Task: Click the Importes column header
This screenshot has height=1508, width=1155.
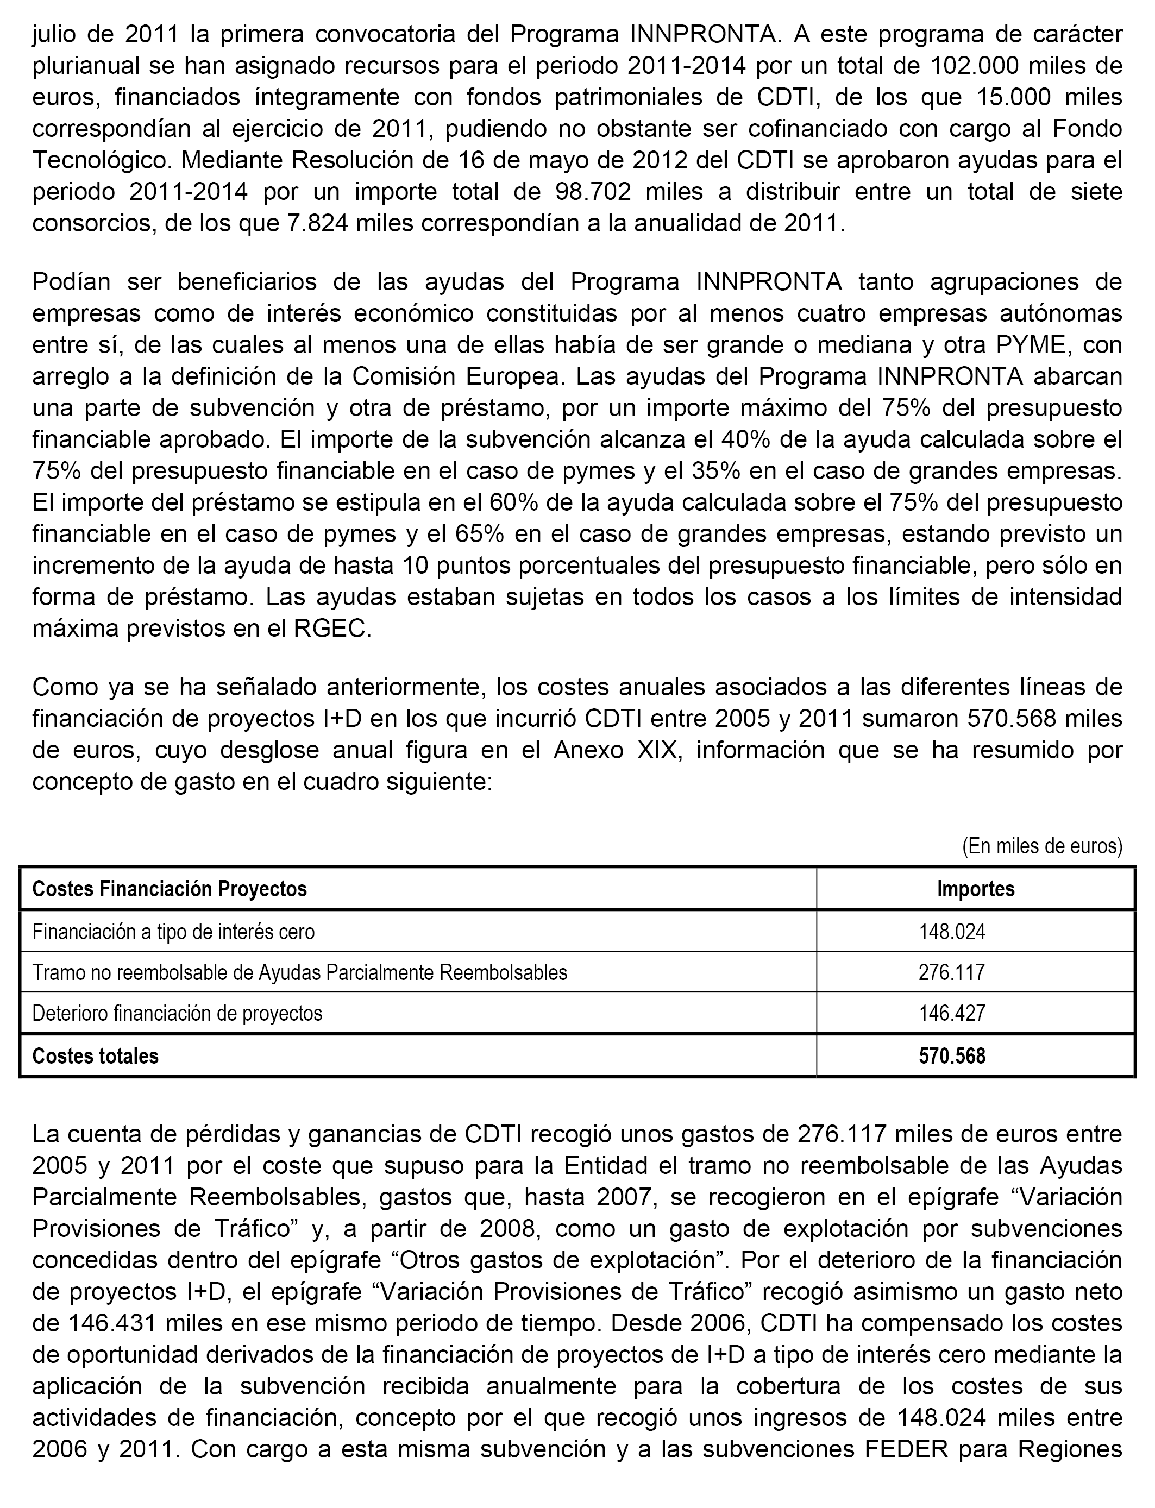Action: (x=976, y=889)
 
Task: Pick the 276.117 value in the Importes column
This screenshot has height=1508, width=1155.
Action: (x=952, y=972)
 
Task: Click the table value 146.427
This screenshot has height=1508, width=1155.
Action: (x=952, y=1013)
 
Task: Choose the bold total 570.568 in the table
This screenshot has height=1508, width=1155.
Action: (x=952, y=1055)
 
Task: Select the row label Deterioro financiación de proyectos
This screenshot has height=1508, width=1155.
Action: (x=177, y=1013)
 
